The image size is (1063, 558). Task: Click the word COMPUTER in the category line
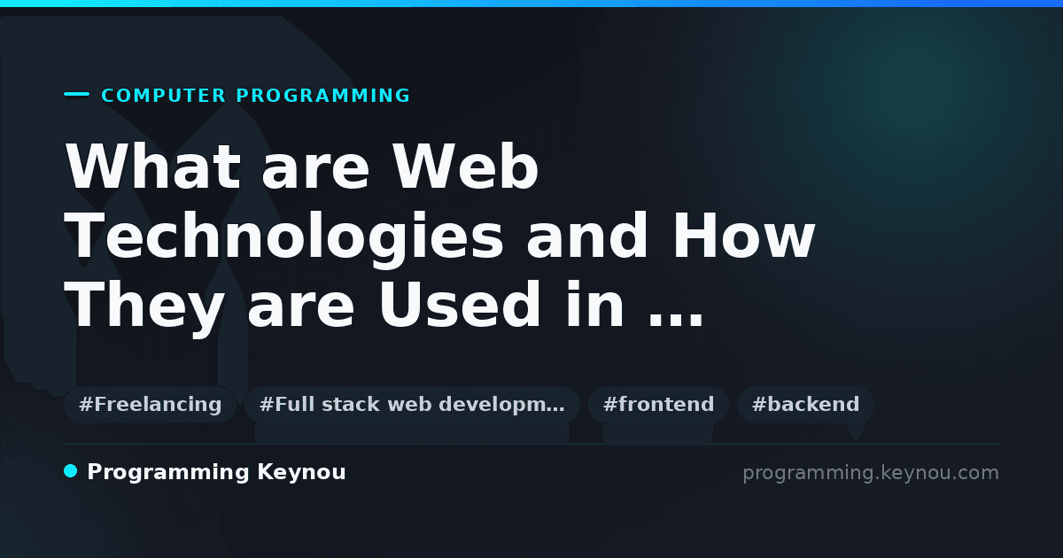tap(163, 96)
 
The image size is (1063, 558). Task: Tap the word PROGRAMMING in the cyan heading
tap(323, 96)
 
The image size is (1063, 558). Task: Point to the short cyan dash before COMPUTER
tap(76, 94)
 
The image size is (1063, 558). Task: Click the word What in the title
tap(152, 167)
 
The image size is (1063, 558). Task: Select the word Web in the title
tap(466, 167)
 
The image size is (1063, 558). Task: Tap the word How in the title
tap(743, 236)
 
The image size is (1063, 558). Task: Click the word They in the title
tap(144, 305)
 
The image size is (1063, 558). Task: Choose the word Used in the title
tap(460, 304)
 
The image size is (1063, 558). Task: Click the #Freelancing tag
tap(150, 404)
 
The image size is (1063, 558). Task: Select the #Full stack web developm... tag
tap(412, 404)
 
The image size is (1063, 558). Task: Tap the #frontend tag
tap(658, 404)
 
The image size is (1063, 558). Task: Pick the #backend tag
tap(805, 404)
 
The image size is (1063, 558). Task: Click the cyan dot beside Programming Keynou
tap(70, 471)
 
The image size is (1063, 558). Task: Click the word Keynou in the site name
tap(301, 473)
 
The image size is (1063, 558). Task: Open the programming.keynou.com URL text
tap(871, 473)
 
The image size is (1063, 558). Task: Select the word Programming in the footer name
tap(168, 473)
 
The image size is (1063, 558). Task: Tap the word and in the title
tap(586, 236)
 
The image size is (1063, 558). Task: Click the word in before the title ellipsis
tap(594, 304)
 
